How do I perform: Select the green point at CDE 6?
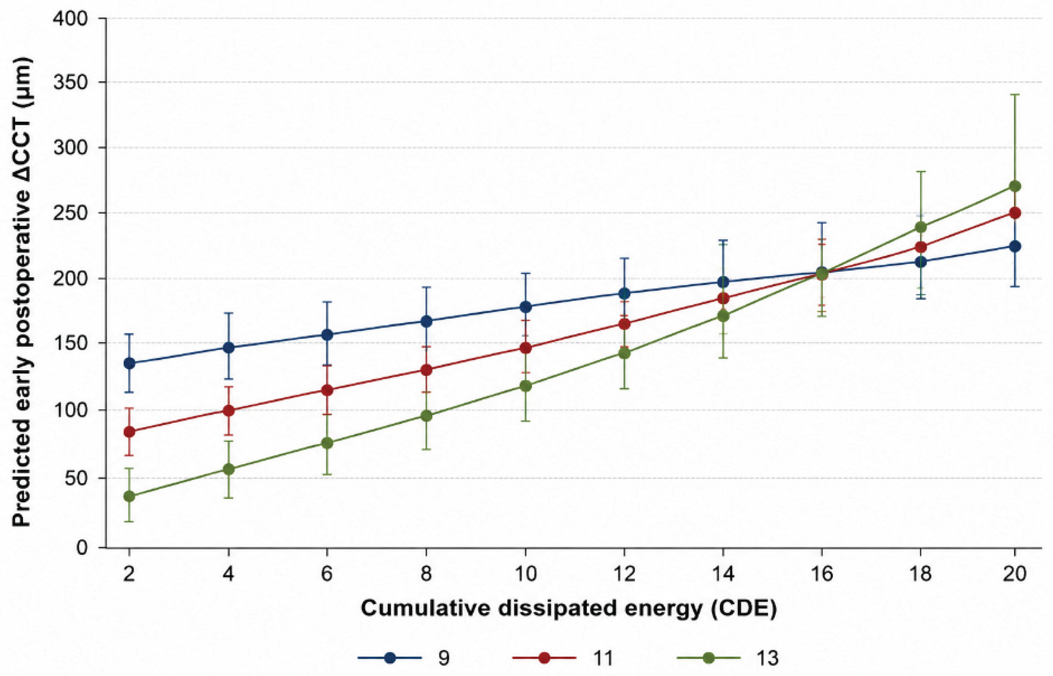(327, 443)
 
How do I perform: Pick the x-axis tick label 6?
(327, 574)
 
